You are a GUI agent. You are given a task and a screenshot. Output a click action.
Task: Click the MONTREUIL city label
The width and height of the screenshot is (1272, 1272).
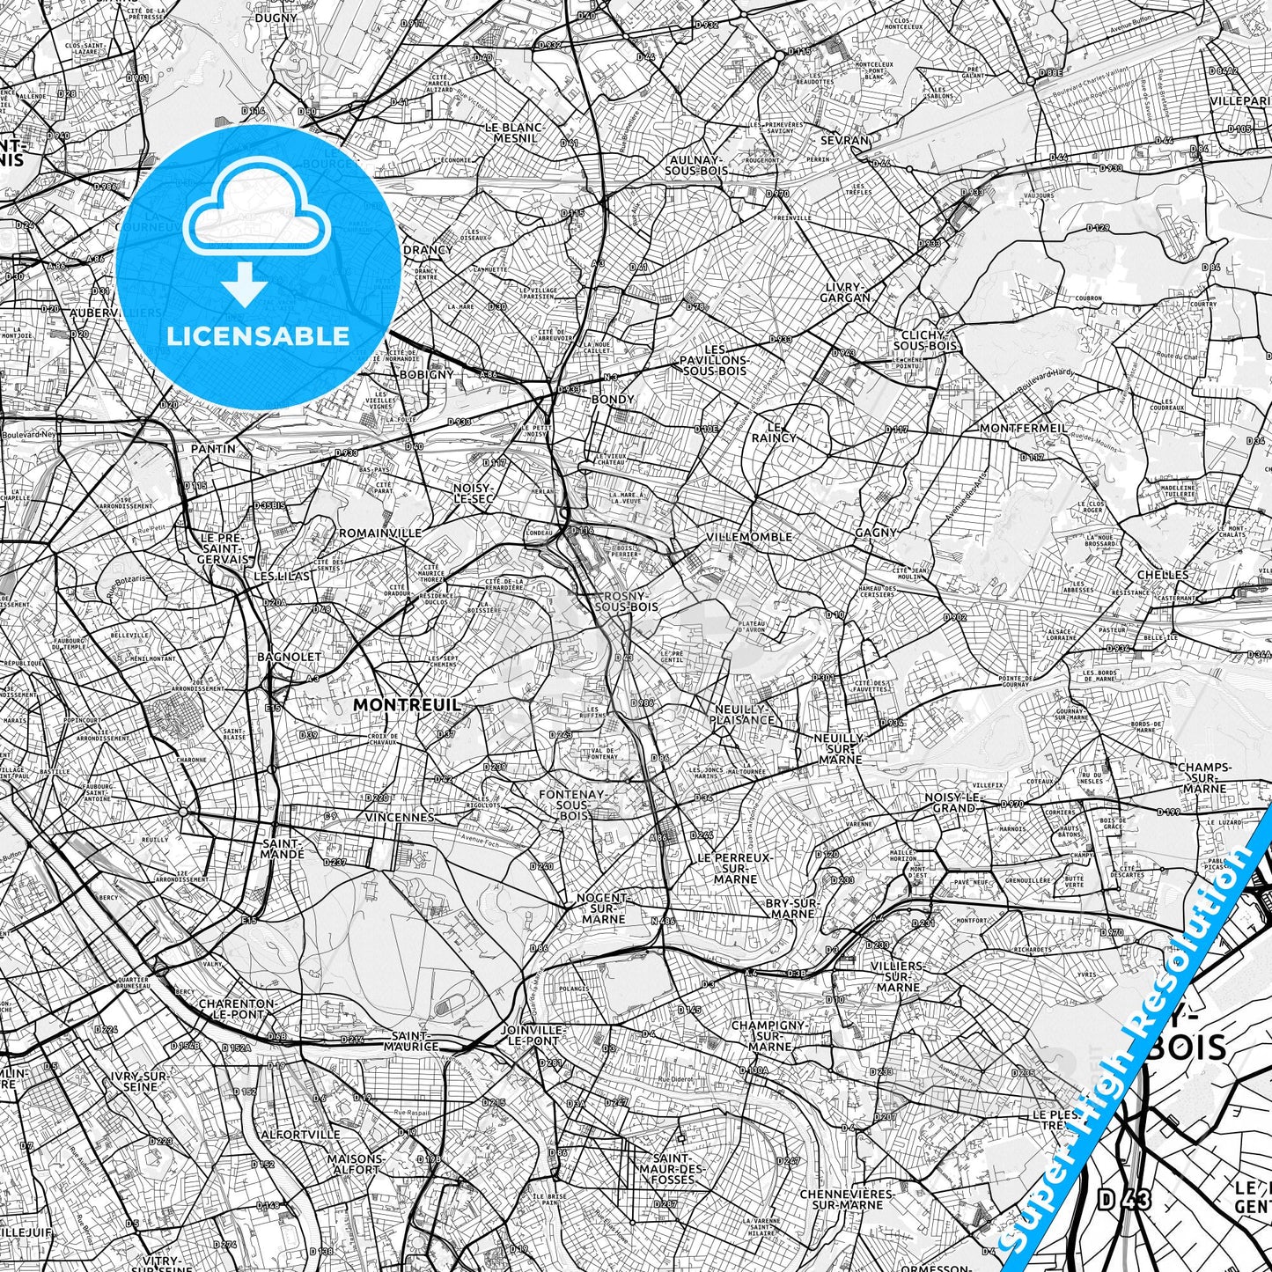click(x=406, y=704)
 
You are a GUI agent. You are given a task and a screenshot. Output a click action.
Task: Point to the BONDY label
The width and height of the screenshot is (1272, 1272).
click(x=613, y=399)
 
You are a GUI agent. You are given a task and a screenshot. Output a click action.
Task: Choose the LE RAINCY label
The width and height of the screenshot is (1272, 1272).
click(x=775, y=431)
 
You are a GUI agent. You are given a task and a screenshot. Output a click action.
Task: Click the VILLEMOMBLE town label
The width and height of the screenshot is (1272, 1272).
click(x=749, y=536)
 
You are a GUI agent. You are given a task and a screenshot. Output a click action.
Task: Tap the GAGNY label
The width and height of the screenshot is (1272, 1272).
click(x=875, y=533)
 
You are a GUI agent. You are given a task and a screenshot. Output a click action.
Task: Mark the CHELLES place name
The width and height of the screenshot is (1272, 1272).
click(x=1162, y=574)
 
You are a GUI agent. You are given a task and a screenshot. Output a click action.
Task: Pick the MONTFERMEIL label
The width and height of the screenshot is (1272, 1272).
click(x=1023, y=428)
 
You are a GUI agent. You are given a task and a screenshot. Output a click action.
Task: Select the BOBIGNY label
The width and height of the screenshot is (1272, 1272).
click(x=426, y=374)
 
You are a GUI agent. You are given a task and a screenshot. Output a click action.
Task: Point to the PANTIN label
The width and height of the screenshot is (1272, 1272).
click(x=213, y=449)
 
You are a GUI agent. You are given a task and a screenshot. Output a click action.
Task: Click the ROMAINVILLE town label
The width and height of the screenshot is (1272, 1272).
click(x=380, y=533)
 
